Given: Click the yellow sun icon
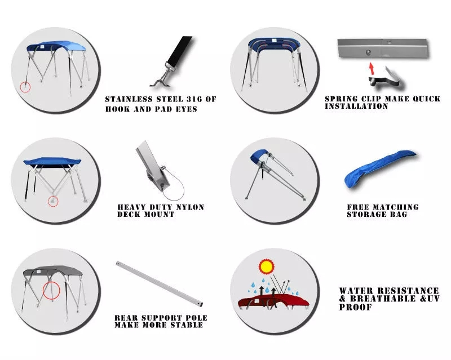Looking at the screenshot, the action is (266, 266).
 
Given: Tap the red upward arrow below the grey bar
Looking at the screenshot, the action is (372, 68).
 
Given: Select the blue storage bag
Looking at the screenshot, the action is (380, 168).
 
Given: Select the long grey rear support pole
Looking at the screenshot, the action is (160, 283).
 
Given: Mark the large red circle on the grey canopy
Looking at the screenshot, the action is (51, 290).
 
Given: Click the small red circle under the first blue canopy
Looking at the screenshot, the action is (25, 87).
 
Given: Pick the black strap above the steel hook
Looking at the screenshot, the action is (180, 51).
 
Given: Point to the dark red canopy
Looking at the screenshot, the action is (273, 301).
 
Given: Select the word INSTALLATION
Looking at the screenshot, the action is (356, 106).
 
